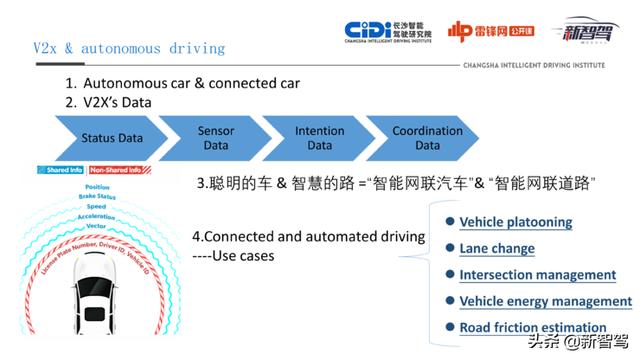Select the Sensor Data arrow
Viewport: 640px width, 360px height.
(x=217, y=138)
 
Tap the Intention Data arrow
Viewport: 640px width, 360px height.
(x=319, y=138)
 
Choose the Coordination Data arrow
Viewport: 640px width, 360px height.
(x=427, y=138)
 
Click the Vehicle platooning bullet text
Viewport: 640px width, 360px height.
(x=515, y=222)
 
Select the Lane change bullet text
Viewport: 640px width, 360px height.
(x=497, y=248)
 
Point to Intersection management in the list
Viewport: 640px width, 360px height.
(x=537, y=274)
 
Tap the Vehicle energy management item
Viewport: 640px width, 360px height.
(x=545, y=301)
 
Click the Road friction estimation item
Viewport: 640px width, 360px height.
(x=532, y=327)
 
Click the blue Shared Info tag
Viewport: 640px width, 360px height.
(x=60, y=170)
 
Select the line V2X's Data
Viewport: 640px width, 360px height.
(x=124, y=102)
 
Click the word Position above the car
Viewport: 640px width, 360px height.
(x=98, y=187)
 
